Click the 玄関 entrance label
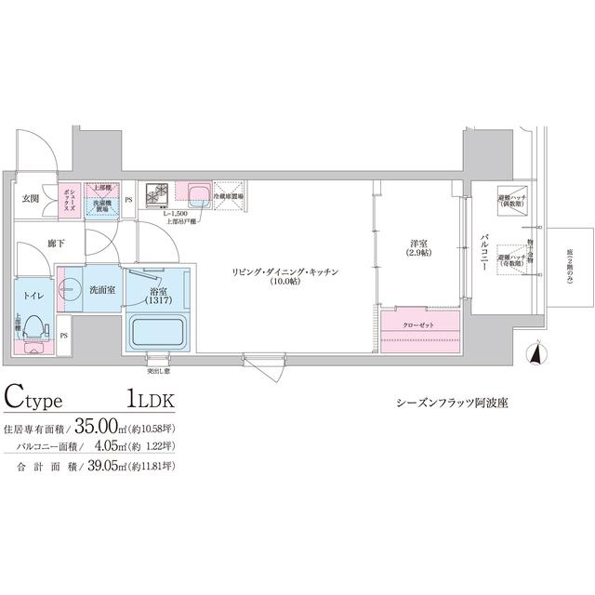coord(31,199)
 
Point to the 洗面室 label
coord(101,289)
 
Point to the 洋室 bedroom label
coord(418,248)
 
